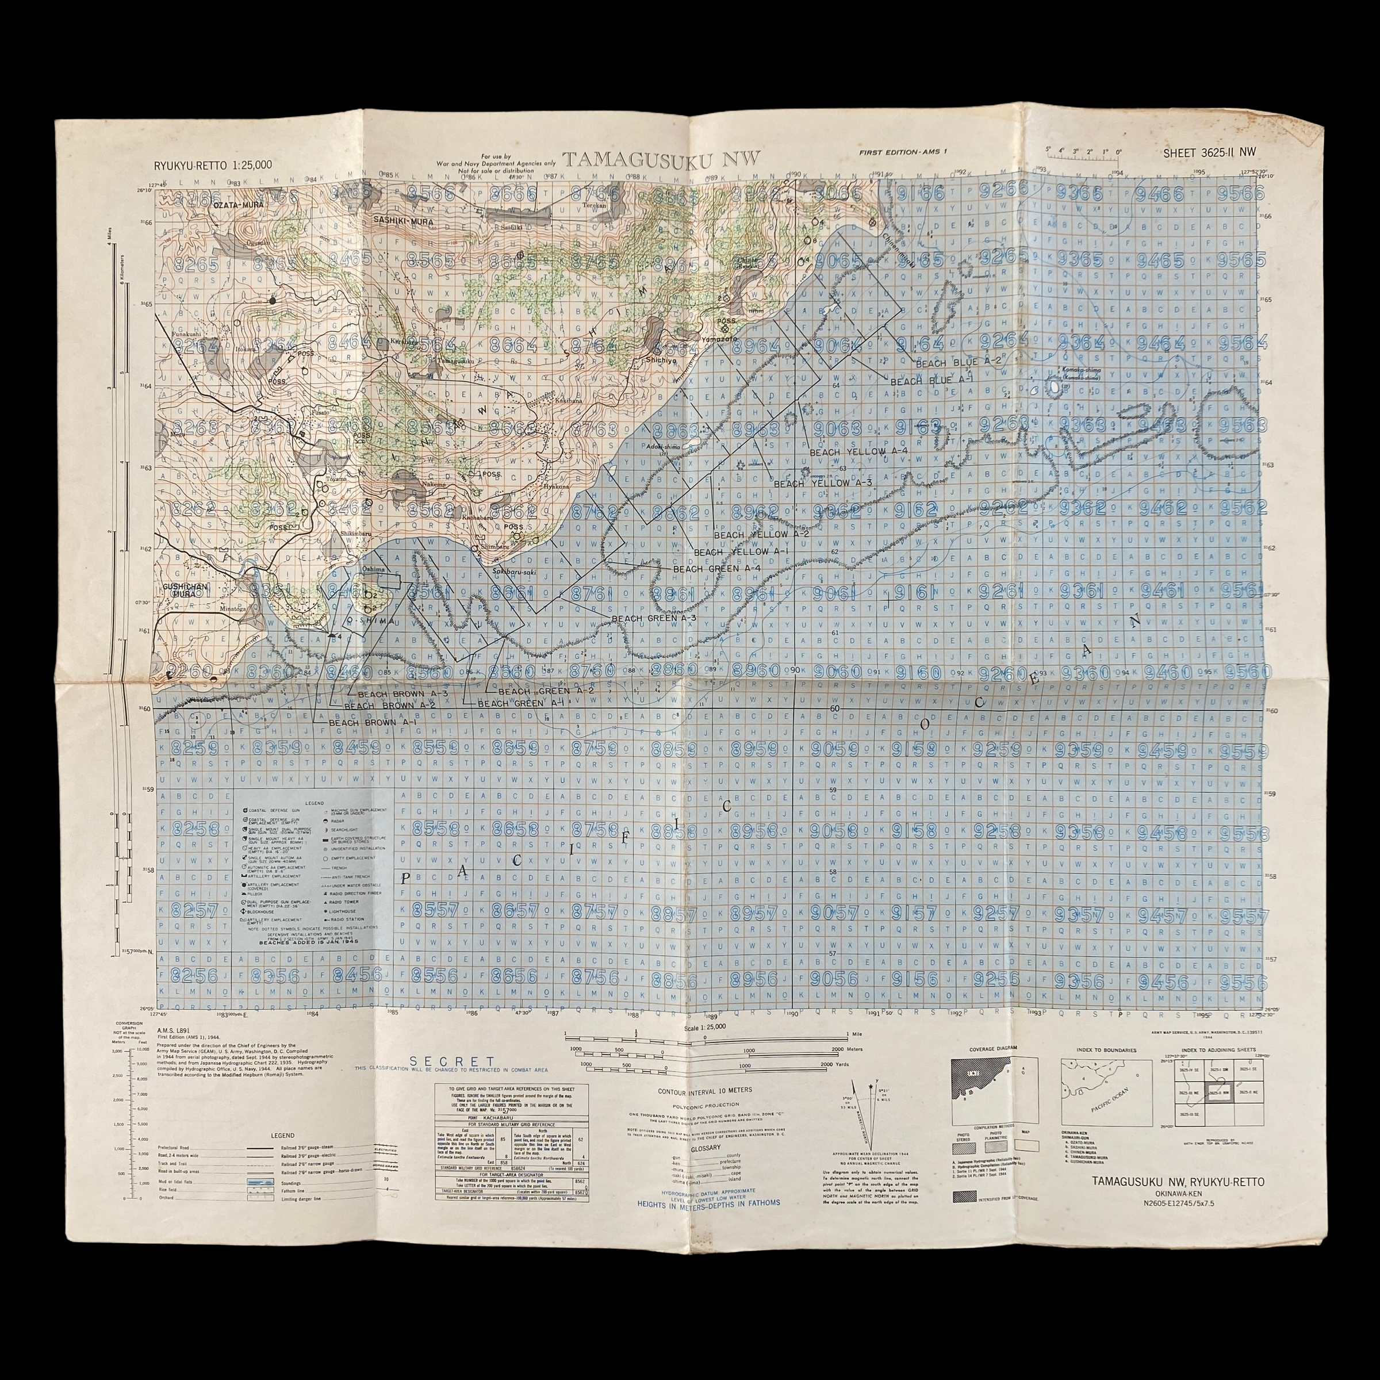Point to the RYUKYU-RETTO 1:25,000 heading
[x=213, y=165]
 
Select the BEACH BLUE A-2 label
[x=958, y=362]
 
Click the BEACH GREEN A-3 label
[x=654, y=618]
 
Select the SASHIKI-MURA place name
[x=400, y=221]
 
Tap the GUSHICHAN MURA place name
[x=179, y=589]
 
